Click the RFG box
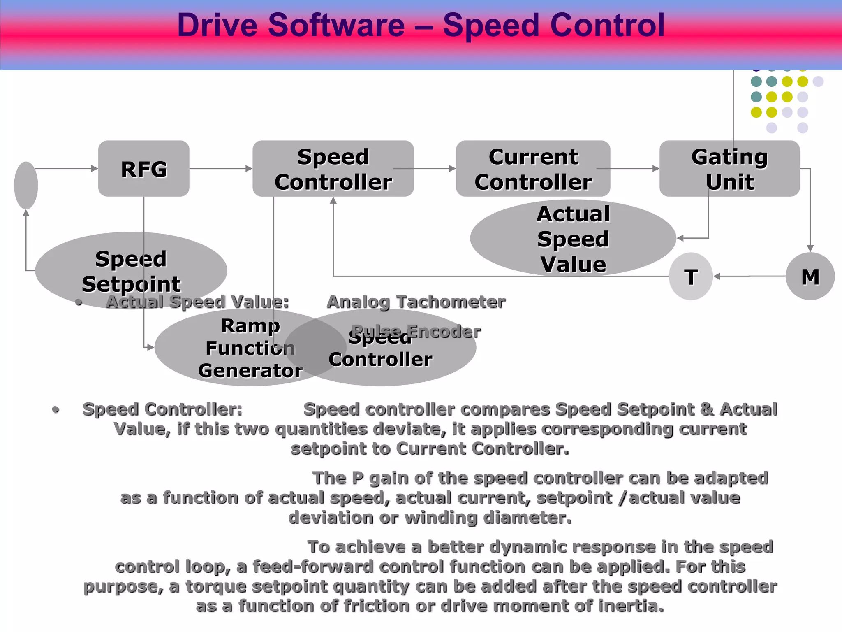(143, 169)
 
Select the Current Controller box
(533, 169)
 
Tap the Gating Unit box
(729, 169)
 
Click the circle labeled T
(691, 276)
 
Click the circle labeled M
(810, 276)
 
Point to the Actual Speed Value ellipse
(573, 239)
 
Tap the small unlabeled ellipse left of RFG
(26, 185)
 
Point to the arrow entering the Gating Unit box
(629, 168)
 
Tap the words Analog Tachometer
(416, 302)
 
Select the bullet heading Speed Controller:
(162, 409)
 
